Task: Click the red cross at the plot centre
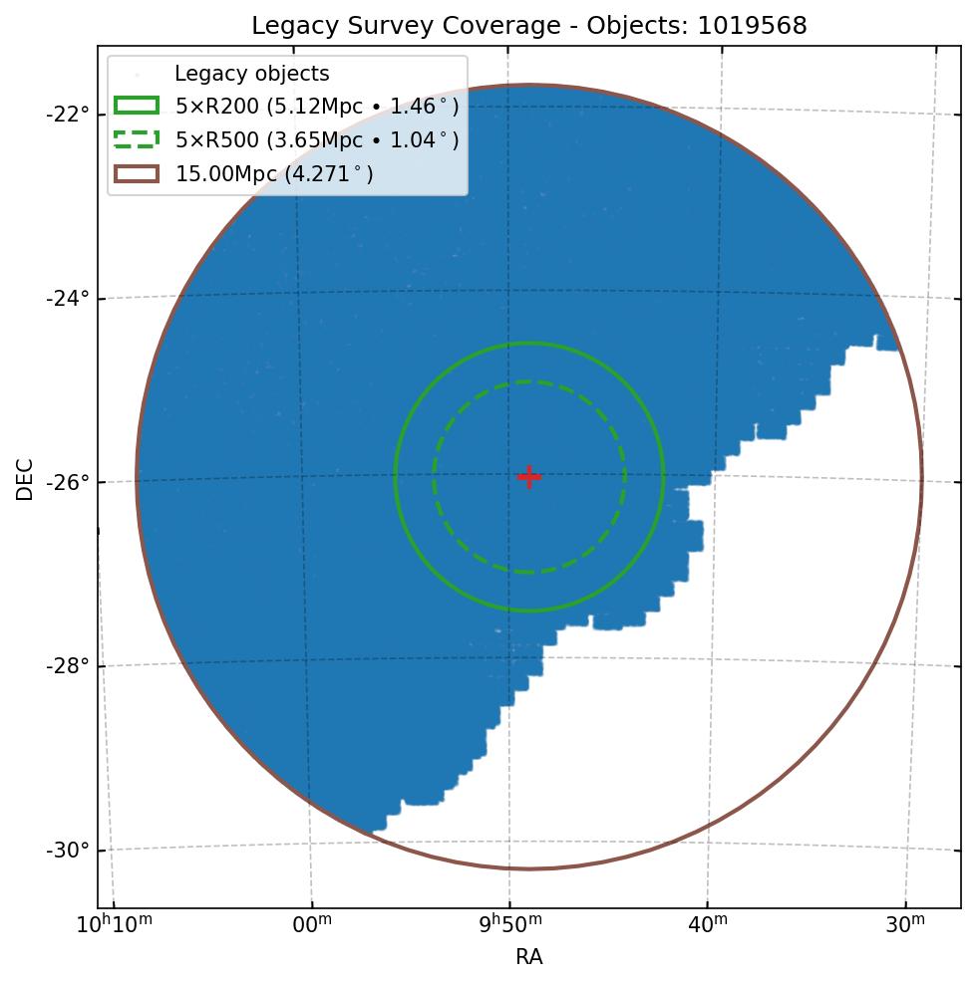click(529, 477)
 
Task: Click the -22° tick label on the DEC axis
click(68, 114)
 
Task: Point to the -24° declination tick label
click(68, 298)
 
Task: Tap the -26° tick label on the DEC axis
click(68, 482)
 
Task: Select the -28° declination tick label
click(68, 665)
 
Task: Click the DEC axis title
click(25, 479)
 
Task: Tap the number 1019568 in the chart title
click(753, 26)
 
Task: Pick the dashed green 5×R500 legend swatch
click(137, 140)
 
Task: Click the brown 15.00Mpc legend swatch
click(137, 174)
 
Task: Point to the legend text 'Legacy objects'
click(251, 74)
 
